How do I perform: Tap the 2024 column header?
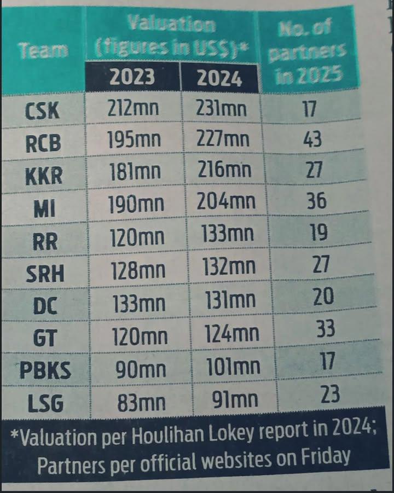point(219,78)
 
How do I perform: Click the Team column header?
point(43,51)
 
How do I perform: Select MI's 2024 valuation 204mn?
point(227,202)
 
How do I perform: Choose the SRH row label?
point(45,274)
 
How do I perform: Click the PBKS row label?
point(45,370)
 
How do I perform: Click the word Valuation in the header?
point(171,24)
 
